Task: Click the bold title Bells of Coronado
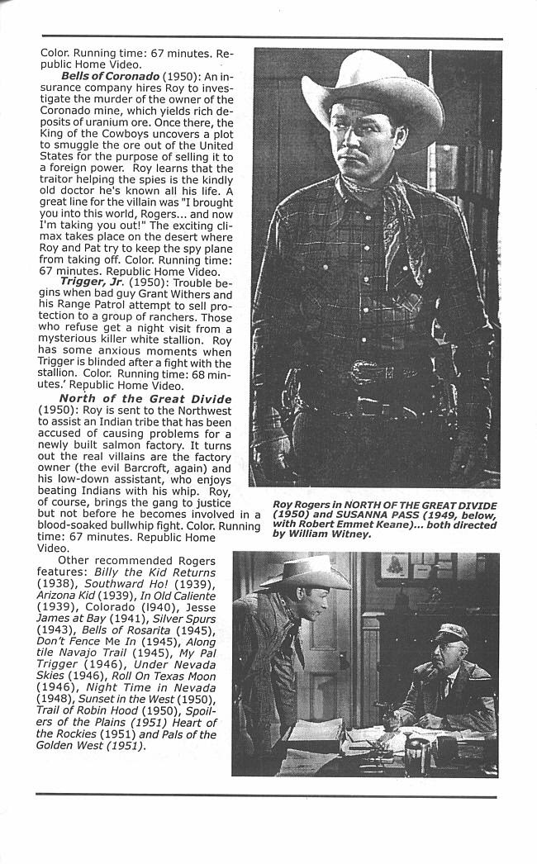pos(110,77)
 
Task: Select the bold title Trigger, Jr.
pos(92,282)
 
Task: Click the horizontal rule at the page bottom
pos(266,796)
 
